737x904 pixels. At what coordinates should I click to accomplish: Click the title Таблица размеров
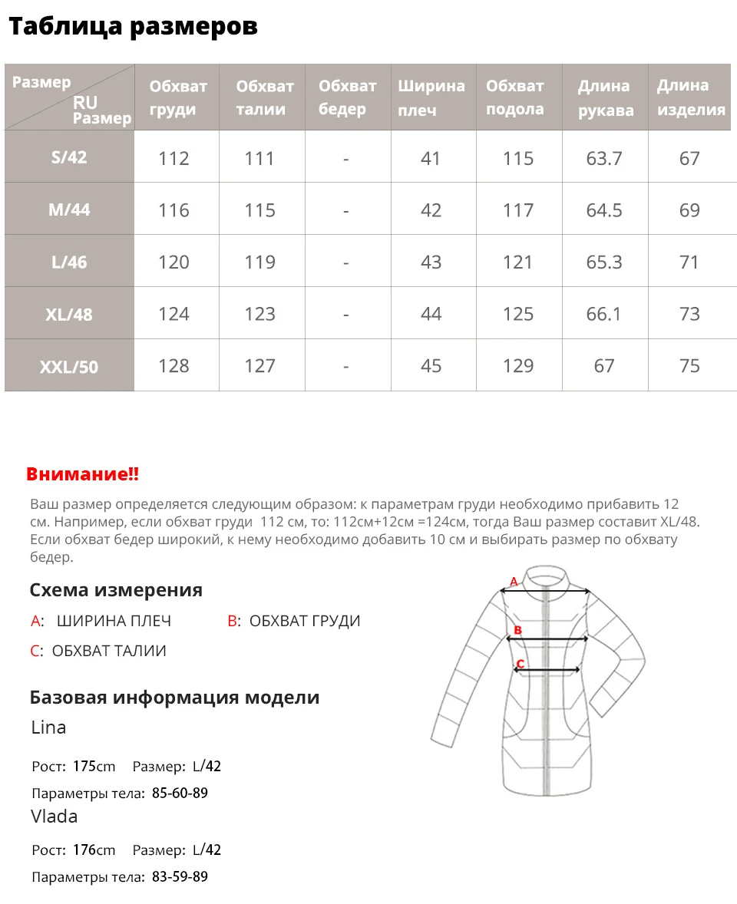(x=133, y=27)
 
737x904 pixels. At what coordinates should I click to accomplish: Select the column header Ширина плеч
(x=431, y=97)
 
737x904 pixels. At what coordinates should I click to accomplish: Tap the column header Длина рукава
(x=605, y=97)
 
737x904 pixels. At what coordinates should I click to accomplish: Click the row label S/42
(x=69, y=157)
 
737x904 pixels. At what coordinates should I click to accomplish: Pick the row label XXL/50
(x=69, y=367)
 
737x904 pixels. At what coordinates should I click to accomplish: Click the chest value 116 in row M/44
(x=174, y=210)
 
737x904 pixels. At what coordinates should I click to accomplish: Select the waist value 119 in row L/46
(x=259, y=262)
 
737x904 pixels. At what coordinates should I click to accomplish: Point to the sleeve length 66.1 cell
(x=604, y=314)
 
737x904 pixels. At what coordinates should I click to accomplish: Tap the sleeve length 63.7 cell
(x=604, y=158)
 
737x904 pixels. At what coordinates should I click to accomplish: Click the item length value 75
(x=689, y=366)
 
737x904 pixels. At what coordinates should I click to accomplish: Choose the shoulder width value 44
(x=431, y=314)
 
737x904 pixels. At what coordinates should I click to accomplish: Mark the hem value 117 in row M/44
(x=517, y=210)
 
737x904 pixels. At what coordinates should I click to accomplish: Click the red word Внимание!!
(x=83, y=474)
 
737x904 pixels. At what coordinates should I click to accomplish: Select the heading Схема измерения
(x=116, y=590)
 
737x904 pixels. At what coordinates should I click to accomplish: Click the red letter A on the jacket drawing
(x=514, y=582)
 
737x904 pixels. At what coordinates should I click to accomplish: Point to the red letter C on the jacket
(x=520, y=664)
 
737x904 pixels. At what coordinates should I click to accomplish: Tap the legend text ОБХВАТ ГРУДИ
(x=305, y=621)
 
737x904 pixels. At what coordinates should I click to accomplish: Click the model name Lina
(x=48, y=727)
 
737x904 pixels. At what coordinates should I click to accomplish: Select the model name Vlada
(x=54, y=816)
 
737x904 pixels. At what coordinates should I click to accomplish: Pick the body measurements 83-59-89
(x=180, y=876)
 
